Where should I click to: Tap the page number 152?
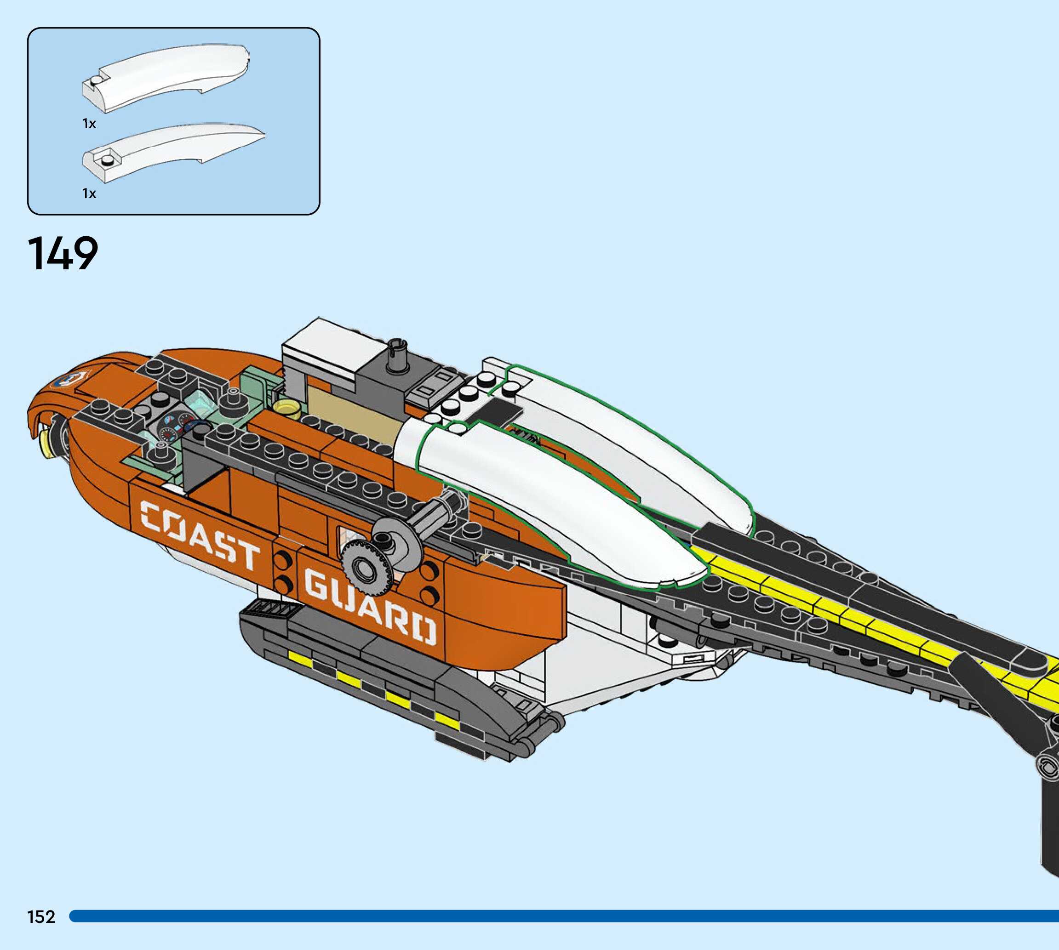point(41,916)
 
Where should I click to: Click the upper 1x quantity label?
point(89,124)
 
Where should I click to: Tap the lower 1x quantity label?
point(89,193)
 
